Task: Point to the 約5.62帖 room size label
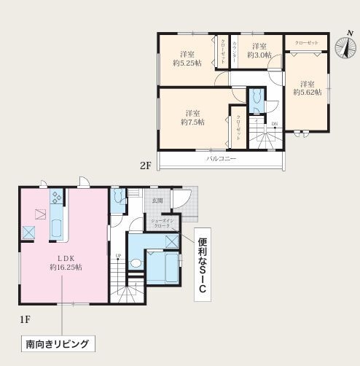307,88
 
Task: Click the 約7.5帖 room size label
192,117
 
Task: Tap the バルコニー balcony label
219,158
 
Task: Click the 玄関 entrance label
157,200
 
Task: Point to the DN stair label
274,125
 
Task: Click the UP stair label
118,255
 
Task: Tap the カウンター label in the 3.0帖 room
235,52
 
